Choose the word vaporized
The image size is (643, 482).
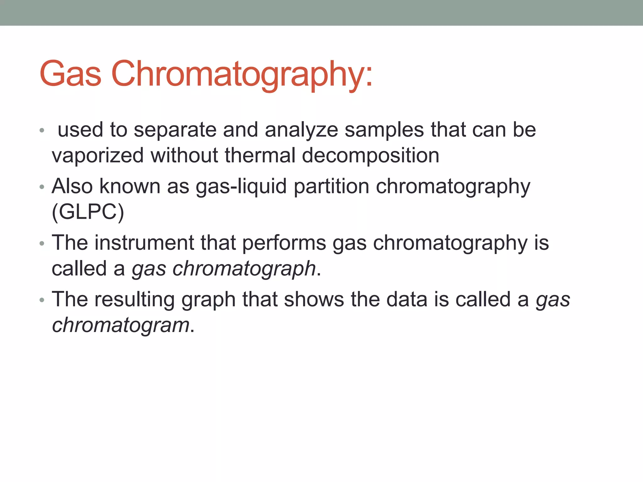click(x=98, y=156)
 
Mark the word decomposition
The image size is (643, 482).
click(x=370, y=156)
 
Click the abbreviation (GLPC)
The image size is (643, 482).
click(x=88, y=212)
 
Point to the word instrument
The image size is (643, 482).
click(x=144, y=243)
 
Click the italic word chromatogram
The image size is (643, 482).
click(x=121, y=325)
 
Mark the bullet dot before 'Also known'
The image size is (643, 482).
click(x=42, y=187)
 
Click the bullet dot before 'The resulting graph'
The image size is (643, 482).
click(x=42, y=300)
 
